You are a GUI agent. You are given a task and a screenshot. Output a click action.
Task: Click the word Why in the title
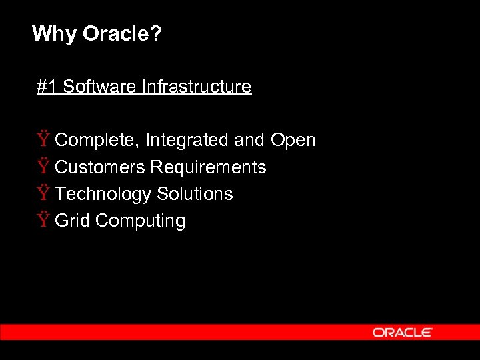[54, 33]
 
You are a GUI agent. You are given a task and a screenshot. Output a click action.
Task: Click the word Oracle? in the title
[122, 33]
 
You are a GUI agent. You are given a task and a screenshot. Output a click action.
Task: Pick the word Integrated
[187, 141]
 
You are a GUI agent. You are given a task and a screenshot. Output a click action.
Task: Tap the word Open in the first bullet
[293, 141]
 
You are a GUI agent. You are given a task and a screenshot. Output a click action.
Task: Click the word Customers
[100, 167]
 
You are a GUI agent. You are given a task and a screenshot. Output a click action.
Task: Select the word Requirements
[208, 167]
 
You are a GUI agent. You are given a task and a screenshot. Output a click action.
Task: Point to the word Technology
[103, 194]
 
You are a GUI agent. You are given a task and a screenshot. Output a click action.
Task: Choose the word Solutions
[195, 194]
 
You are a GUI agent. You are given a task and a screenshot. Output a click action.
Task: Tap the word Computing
[141, 221]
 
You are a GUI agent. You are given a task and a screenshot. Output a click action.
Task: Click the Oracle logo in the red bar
[403, 332]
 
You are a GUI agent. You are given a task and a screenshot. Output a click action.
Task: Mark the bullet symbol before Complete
[43, 140]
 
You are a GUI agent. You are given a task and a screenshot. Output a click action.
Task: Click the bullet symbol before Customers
[43, 167]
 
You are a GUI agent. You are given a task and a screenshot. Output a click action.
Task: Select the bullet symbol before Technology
[43, 193]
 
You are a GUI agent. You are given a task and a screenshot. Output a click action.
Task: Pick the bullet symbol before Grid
[43, 220]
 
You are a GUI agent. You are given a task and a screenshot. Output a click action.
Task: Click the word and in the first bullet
[250, 141]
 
